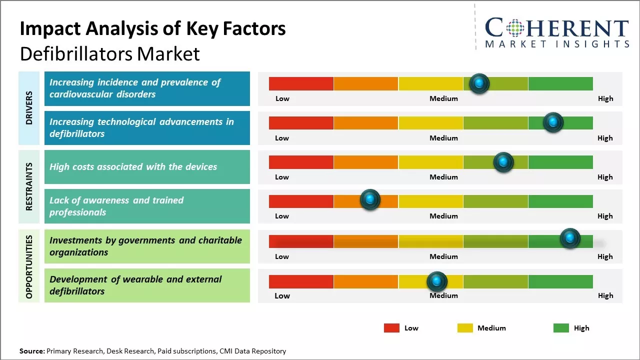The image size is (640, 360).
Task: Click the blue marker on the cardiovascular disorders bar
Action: pos(479,83)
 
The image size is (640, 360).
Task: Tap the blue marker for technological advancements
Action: pos(553,122)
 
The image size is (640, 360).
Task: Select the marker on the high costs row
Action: pos(503,162)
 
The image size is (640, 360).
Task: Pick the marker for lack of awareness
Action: pos(370,200)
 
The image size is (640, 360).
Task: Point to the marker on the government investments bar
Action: pos(569,238)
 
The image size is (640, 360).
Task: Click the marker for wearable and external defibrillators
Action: pos(437,281)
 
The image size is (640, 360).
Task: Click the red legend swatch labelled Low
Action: pos(391,328)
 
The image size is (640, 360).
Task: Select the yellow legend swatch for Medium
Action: pos(465,328)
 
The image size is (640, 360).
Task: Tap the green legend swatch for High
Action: pos(561,328)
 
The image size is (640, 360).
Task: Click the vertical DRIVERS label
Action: pos(29,107)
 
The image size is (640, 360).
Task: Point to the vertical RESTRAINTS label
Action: pos(29,186)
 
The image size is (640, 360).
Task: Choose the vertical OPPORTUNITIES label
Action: pos(29,266)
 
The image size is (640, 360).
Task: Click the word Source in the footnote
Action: pos(32,351)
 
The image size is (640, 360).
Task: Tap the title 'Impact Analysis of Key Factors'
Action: pos(152,28)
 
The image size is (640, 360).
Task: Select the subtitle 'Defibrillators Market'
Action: pos(109,53)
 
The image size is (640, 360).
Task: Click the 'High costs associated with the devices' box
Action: pos(147,167)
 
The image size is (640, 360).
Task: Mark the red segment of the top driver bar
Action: pos(301,83)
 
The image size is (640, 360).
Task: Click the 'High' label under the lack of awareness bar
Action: pos(605,216)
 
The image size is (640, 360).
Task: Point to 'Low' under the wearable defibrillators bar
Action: pos(282,295)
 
